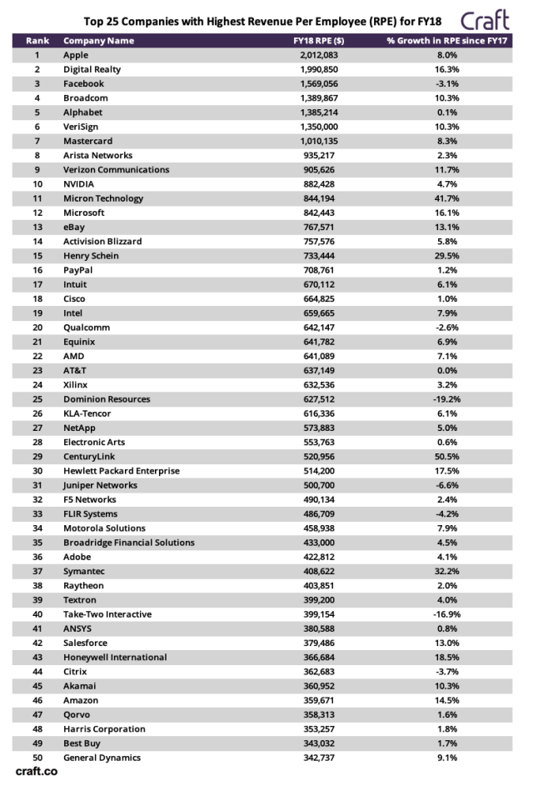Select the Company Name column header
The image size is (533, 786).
[98, 40]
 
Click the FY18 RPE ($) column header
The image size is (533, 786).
[319, 40]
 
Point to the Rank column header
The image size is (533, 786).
[37, 40]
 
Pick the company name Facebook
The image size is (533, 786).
[85, 83]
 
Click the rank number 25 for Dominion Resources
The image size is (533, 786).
[37, 398]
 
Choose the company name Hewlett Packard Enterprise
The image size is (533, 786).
[122, 471]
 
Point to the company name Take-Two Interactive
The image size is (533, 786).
[107, 614]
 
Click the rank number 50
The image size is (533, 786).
[37, 758]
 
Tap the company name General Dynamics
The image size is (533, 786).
[102, 758]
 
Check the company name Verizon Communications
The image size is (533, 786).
[117, 169]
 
